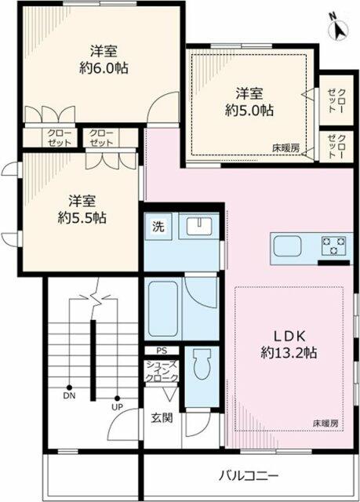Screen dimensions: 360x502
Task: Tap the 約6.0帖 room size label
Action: pos(104,68)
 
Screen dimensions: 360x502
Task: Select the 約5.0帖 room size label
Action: pos(249,111)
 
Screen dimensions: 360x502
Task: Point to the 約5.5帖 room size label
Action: pos(82,218)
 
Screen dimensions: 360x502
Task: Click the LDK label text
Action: pos(289,336)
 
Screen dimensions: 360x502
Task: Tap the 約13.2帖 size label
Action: pos(289,353)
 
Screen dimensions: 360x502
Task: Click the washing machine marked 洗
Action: pos(158,227)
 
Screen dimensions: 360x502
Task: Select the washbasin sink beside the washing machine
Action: pos(198,226)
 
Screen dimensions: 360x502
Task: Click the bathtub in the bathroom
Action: pos(163,308)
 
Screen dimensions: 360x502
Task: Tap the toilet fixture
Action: pos(202,364)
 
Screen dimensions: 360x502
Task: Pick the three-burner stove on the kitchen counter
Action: pos(334,246)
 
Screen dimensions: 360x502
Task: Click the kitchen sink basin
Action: pos(288,246)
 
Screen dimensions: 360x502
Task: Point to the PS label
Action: pos(162,351)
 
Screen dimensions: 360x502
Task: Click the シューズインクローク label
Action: pos(162,371)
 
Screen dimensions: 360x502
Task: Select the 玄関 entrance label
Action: pos(162,417)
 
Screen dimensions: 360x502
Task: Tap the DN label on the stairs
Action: pos(69,396)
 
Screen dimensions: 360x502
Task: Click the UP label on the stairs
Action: pos(117,407)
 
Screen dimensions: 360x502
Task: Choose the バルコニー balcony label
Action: pos(249,476)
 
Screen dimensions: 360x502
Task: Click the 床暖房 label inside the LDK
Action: pos(325,424)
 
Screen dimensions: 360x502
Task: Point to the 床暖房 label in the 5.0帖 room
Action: pos(286,148)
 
